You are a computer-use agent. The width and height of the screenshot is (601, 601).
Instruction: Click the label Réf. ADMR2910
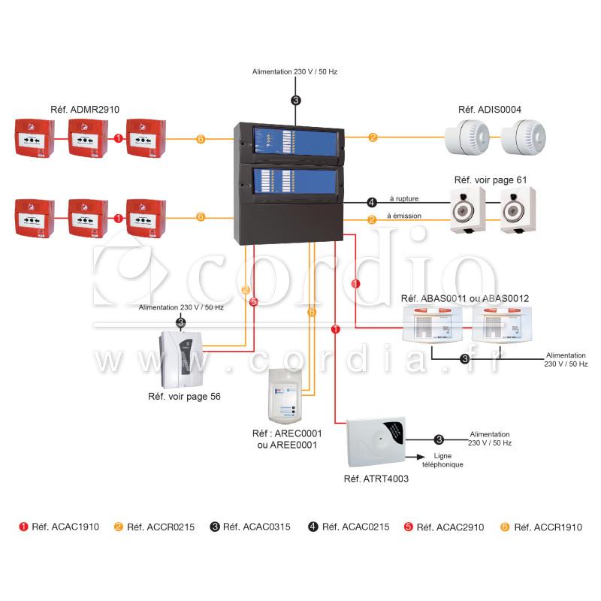point(85,110)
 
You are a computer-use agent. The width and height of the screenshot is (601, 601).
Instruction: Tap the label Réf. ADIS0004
point(490,110)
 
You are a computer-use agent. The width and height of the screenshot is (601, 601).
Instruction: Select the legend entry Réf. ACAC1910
point(59,527)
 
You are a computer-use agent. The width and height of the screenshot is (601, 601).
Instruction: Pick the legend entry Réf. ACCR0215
point(155,527)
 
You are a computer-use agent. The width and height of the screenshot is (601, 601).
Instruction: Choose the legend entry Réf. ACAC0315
point(250,527)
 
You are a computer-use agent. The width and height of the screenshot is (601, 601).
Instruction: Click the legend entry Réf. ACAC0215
point(349,527)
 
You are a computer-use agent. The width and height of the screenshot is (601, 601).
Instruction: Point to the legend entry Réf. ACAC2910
point(444,527)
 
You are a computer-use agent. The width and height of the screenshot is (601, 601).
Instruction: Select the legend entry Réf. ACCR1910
point(541,527)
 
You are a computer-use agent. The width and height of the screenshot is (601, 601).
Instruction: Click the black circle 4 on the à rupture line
point(371,202)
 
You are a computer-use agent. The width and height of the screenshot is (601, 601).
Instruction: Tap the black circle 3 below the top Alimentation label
point(295,101)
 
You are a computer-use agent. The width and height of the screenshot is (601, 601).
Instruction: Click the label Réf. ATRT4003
point(376,479)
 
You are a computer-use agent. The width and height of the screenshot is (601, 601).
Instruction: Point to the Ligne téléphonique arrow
point(415,457)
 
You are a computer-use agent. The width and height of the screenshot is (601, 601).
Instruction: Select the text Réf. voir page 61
point(491,180)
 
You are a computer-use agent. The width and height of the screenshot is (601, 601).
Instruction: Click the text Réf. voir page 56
point(184,397)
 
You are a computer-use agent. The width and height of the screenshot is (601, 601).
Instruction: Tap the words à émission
point(404,216)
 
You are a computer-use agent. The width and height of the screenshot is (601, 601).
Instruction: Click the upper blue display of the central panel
point(295,141)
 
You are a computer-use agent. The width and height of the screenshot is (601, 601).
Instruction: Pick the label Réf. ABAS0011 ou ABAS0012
point(465,298)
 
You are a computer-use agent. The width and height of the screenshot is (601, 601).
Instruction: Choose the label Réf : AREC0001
point(287,433)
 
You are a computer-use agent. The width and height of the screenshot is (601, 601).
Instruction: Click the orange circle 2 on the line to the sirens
point(373,137)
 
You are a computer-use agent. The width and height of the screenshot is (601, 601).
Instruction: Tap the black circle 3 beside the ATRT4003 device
point(439,439)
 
